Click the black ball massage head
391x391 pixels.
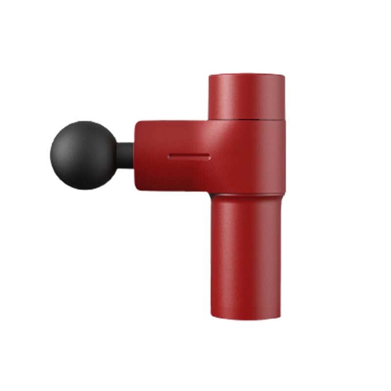pos(83,155)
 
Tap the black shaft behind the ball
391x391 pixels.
pos(125,155)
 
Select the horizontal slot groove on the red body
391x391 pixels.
pos(189,157)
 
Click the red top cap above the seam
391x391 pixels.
pos(246,96)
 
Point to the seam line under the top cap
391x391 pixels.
pos(246,119)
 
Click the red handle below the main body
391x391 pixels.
pos(246,254)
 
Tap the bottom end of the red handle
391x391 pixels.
pos(246,316)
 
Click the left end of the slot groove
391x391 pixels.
pos(169,157)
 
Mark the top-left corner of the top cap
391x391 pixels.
pos(210,76)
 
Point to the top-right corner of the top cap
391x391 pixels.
pos(283,76)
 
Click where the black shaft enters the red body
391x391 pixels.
pos(133,155)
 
